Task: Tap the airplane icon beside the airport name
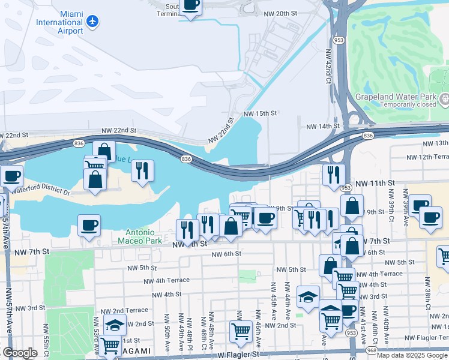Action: pyautogui.click(x=92, y=22)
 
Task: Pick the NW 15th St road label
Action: pyautogui.click(x=260, y=113)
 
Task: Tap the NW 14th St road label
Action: pyautogui.click(x=323, y=127)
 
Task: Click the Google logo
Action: pyautogui.click(x=20, y=353)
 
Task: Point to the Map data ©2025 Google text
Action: pyautogui.click(x=412, y=355)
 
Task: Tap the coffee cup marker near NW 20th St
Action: pyautogui.click(x=191, y=6)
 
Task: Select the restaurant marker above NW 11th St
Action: pyautogui.click(x=334, y=174)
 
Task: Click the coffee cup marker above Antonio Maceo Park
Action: pyautogui.click(x=89, y=225)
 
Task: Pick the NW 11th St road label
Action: pyautogui.click(x=375, y=182)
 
